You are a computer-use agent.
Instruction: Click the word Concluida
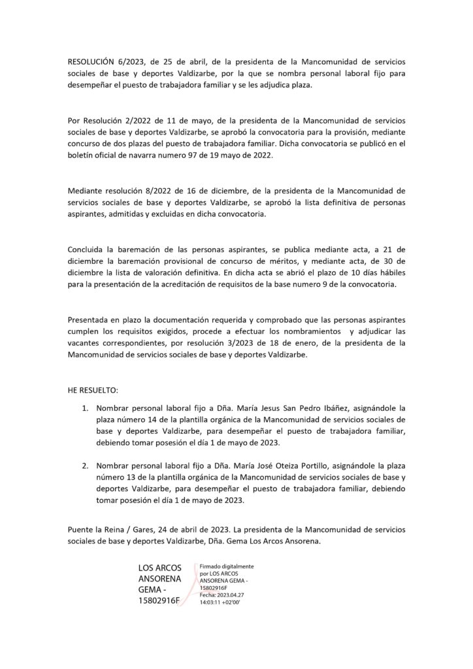coord(88,250)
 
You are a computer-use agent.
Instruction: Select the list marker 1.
coord(85,406)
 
